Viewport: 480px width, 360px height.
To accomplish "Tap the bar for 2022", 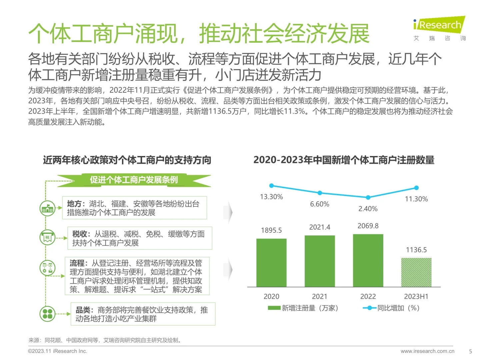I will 368,260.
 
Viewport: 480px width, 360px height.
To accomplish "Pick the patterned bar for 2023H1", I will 416,272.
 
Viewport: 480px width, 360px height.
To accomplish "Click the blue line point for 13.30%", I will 271,186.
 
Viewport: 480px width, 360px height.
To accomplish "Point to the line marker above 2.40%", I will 368,198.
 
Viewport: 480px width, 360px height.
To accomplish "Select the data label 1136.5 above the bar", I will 416,250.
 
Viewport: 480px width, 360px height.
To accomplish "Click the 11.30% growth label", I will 416,199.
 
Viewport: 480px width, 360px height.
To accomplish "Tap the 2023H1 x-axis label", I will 416,296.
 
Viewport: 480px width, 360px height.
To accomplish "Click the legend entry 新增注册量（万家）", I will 303,308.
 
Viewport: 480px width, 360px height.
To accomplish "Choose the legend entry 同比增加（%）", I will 392,308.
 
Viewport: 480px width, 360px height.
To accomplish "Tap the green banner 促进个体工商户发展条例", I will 134,180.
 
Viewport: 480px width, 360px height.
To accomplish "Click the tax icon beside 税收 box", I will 47,238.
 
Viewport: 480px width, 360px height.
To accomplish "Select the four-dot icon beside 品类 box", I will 47,314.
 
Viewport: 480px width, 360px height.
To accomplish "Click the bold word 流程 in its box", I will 77,263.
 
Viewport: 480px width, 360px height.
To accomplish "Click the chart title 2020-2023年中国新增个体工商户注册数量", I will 344,160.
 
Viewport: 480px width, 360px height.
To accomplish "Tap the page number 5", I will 470,351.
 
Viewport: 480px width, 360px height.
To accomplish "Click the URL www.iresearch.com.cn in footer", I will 427,351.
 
